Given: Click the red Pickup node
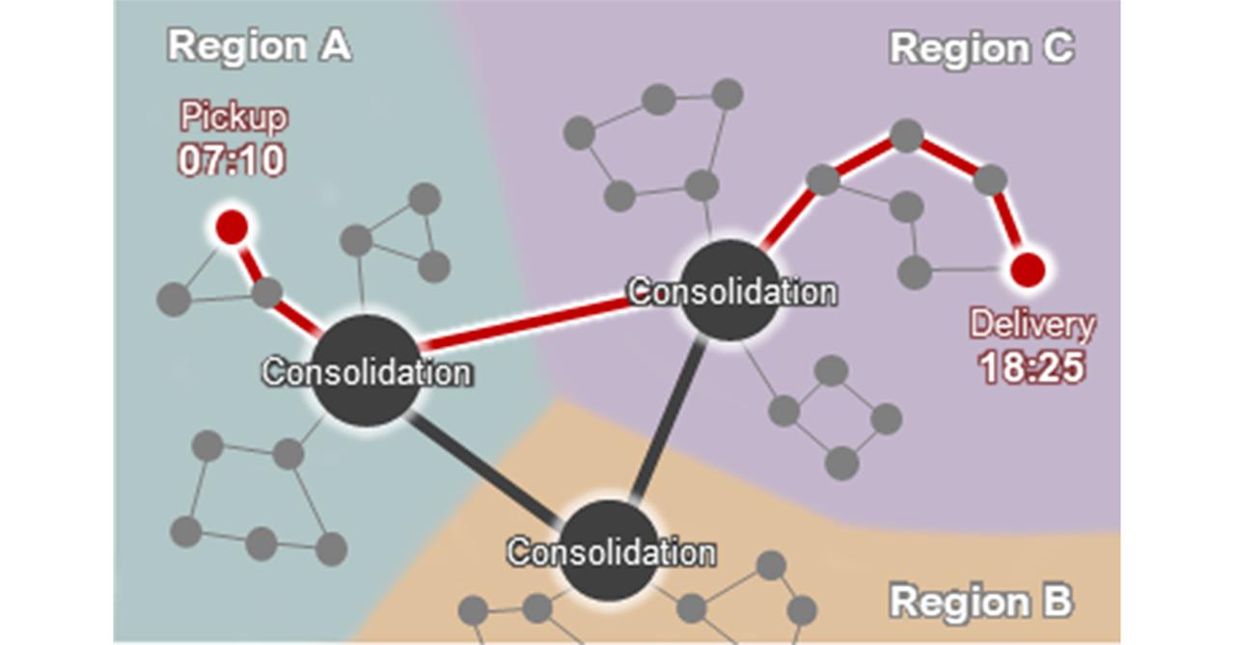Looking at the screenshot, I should (232, 227).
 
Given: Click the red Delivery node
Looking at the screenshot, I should (1026, 269).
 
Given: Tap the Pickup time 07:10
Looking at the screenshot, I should (232, 160).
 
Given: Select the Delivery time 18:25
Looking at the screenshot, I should (1032, 367).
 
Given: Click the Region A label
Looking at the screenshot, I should (259, 45).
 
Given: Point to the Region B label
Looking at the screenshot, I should (980, 602).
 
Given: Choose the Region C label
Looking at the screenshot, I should (981, 47).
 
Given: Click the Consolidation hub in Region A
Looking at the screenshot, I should (367, 371).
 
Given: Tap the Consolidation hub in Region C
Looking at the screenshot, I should (730, 290).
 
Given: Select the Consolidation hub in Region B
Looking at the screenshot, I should (610, 551).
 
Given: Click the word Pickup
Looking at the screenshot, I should (233, 118).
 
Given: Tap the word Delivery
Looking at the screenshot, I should (1032, 325).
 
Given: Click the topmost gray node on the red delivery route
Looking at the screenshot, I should (906, 135).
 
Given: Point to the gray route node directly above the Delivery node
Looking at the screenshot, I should (990, 180).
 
